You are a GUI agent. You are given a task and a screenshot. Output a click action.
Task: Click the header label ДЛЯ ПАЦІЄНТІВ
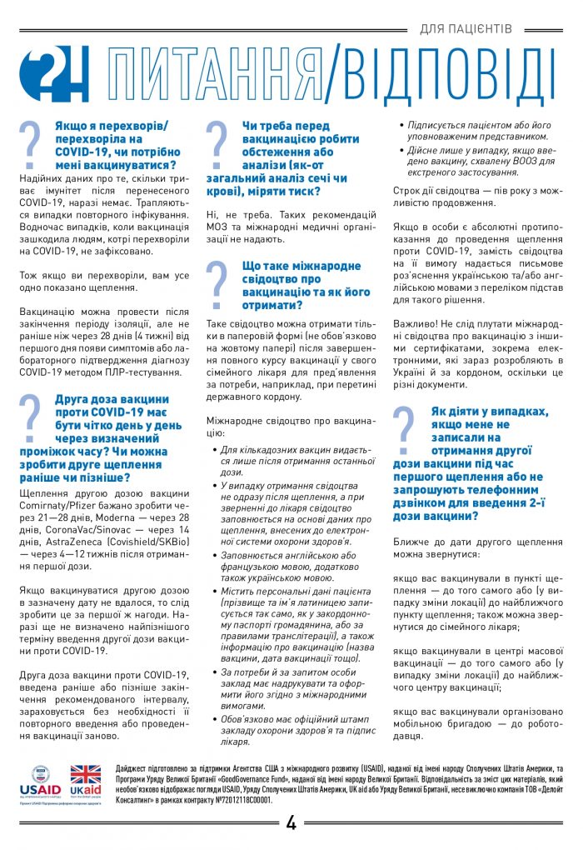point(466,29)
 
